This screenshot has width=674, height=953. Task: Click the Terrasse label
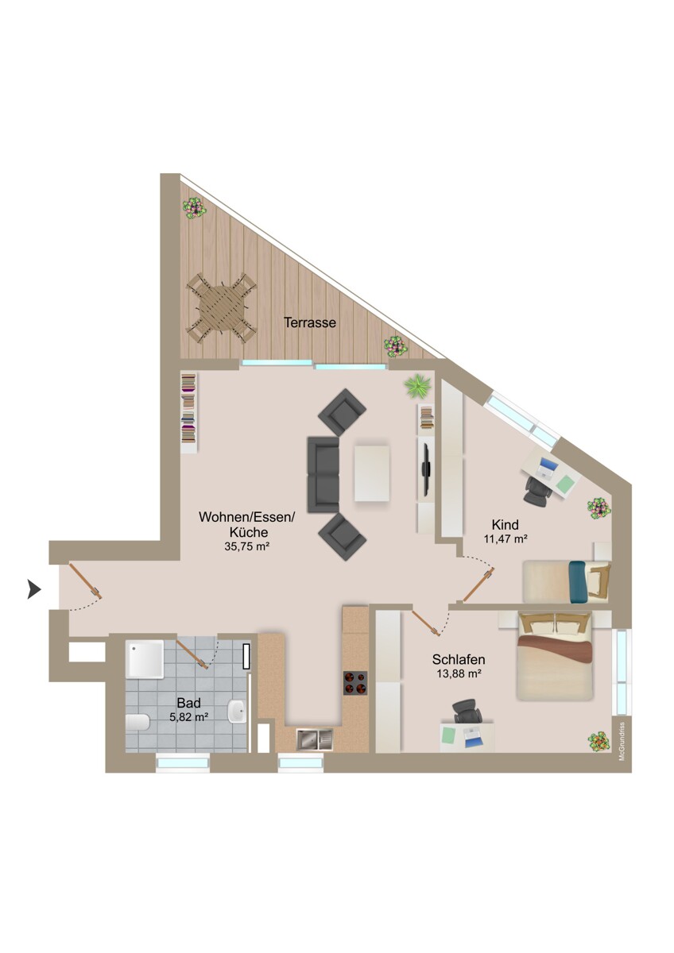pyautogui.click(x=310, y=323)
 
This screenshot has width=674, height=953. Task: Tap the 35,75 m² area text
pyautogui.click(x=246, y=547)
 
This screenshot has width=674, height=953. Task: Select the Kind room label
pyautogui.click(x=505, y=525)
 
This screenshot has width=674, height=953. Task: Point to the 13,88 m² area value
pyautogui.click(x=459, y=673)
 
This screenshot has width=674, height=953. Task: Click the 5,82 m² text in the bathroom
pyautogui.click(x=188, y=716)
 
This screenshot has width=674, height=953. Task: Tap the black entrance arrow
pyautogui.click(x=34, y=588)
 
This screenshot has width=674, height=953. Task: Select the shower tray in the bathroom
pyautogui.click(x=145, y=660)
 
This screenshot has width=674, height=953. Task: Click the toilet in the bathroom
pyautogui.click(x=138, y=723)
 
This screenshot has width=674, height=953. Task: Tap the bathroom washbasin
pyautogui.click(x=238, y=711)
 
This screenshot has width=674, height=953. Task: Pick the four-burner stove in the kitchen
pyautogui.click(x=354, y=682)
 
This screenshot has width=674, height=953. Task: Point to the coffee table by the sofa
pyautogui.click(x=373, y=473)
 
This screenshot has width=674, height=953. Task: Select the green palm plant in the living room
pyautogui.click(x=416, y=387)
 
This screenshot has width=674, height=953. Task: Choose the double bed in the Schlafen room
pyautogui.click(x=555, y=656)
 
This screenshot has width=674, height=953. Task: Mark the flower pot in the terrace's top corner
pyautogui.click(x=194, y=208)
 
